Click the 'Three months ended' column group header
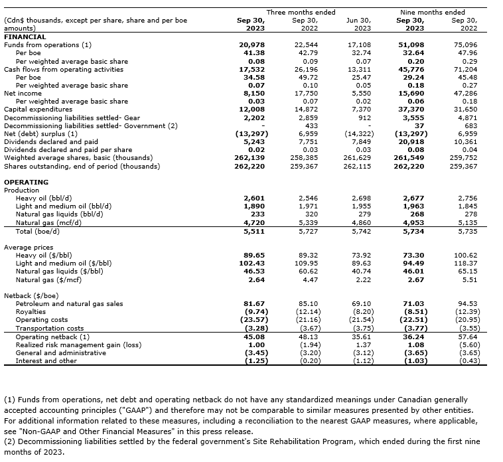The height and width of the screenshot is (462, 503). tap(301, 12)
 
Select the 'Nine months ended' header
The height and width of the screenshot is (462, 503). tap(433, 12)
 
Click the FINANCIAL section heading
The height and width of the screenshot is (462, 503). tap(25, 37)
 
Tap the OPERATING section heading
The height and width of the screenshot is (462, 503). tap(26, 182)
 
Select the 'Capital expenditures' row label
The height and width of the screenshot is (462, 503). tap(38, 110)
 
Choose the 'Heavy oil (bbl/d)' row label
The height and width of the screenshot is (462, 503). tap(43, 198)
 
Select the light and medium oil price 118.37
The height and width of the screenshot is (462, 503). tap(465, 263)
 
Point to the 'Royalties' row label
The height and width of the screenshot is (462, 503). tap(31, 311)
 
